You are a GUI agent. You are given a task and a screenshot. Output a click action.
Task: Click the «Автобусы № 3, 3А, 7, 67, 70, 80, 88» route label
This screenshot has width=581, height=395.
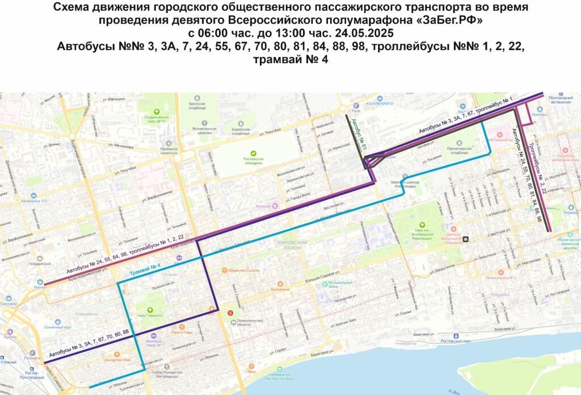[x=89, y=343]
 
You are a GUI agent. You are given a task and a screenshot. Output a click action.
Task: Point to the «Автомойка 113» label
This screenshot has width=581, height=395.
[x=35, y=201]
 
